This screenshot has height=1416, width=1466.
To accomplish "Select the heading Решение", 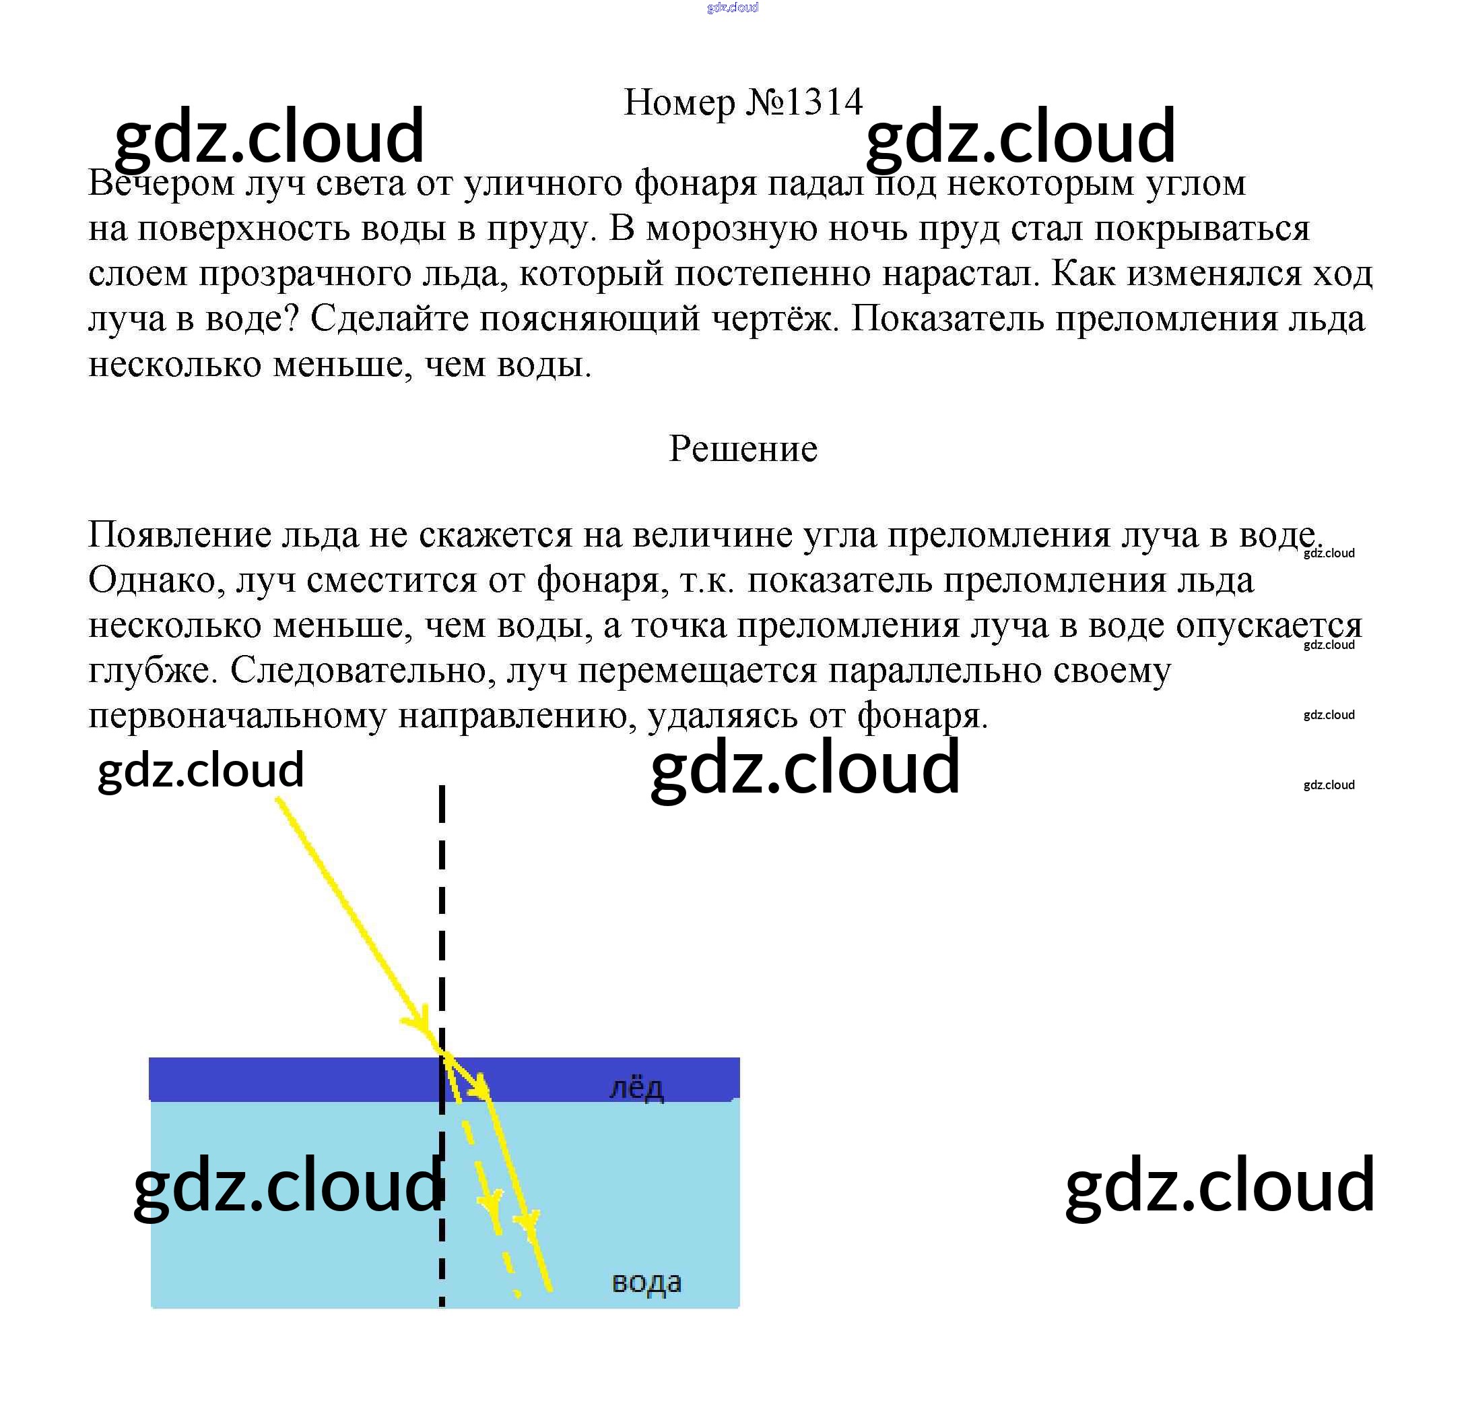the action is tap(743, 448).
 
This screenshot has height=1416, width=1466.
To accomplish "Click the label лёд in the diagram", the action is tap(636, 1089).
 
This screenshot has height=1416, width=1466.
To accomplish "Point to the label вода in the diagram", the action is tap(646, 1282).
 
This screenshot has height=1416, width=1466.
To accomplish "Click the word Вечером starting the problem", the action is tap(161, 183).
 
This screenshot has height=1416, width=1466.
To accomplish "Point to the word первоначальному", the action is tap(237, 716).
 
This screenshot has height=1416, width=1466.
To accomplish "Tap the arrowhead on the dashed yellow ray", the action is tap(492, 1203).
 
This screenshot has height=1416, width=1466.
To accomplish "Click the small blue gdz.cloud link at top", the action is tap(732, 7).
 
